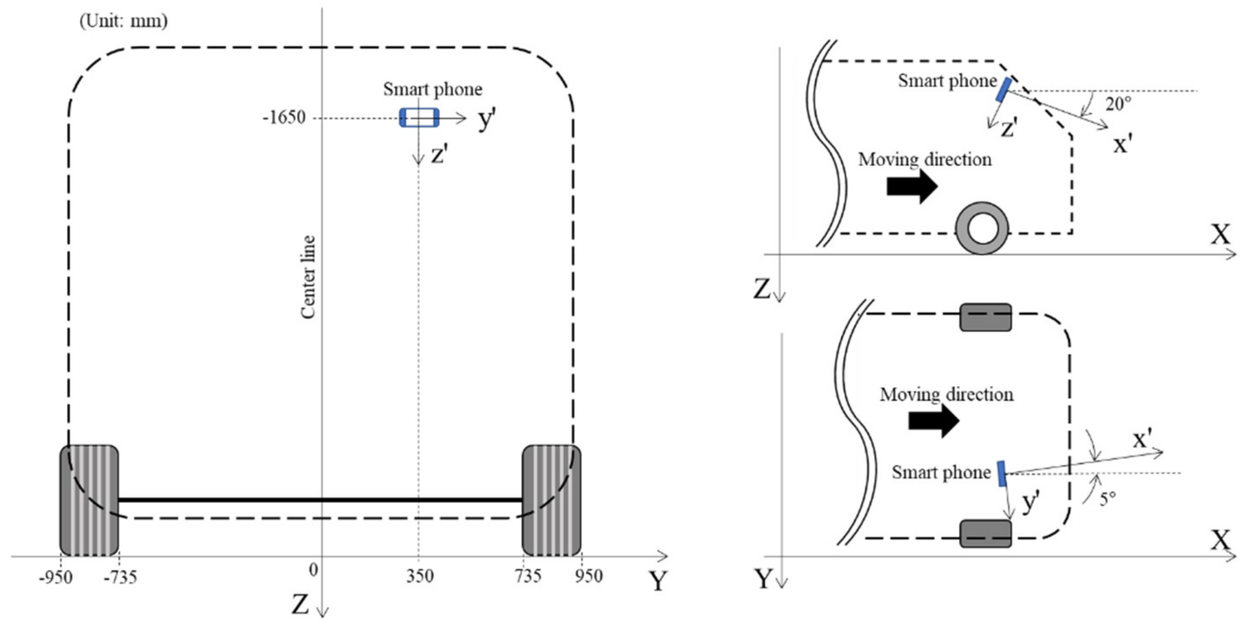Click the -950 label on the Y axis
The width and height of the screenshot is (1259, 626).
pos(56,577)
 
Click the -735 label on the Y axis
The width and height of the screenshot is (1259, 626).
pos(120,577)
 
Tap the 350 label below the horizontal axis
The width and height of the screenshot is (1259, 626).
pos(420,576)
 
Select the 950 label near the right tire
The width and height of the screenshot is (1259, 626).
pos(588,576)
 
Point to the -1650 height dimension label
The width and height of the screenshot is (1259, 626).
pos(284,117)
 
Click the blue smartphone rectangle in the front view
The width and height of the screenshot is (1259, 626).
pos(419,118)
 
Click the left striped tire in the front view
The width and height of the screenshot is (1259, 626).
pos(89,500)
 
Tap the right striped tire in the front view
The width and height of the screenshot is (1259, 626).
pos(551,500)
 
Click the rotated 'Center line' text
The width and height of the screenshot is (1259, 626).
pos(308,277)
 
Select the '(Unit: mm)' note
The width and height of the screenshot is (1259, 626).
pos(123,21)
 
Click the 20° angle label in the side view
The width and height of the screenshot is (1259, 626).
pos(1118,104)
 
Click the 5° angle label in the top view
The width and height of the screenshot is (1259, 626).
pos(1107,498)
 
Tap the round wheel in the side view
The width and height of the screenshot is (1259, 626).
pos(982,228)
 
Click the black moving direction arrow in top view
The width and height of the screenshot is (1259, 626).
pos(933,420)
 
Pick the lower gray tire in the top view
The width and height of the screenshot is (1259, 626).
pos(985,534)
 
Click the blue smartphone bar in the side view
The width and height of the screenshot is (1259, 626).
pos(1003,90)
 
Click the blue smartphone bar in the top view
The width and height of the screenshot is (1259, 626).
pos(1001,473)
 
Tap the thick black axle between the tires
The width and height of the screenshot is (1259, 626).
pos(320,500)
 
